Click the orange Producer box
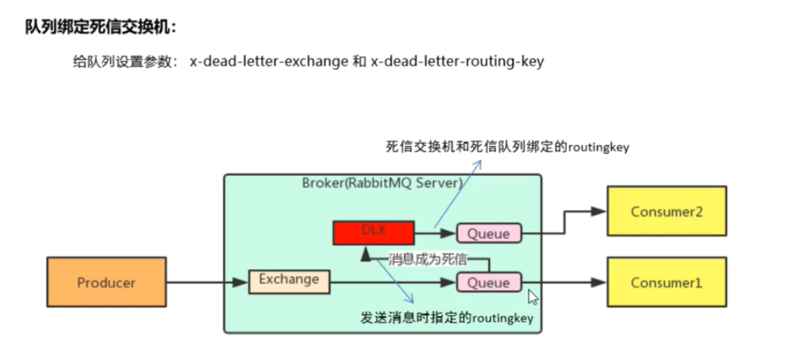click(x=106, y=282)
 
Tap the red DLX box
click(x=374, y=232)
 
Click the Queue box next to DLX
click(x=488, y=233)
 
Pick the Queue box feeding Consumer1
click(x=488, y=282)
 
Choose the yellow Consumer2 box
click(x=666, y=211)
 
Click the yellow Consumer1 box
click(x=666, y=282)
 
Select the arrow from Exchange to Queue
click(x=392, y=283)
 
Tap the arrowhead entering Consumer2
click(x=598, y=211)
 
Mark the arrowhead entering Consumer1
click(x=598, y=283)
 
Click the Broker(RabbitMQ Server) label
click(x=382, y=182)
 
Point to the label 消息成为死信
click(x=428, y=259)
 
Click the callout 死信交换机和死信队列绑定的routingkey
click(x=507, y=147)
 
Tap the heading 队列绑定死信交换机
click(x=101, y=27)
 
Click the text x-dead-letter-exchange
click(x=269, y=61)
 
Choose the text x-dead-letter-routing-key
click(x=457, y=61)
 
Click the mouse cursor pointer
click(x=532, y=296)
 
